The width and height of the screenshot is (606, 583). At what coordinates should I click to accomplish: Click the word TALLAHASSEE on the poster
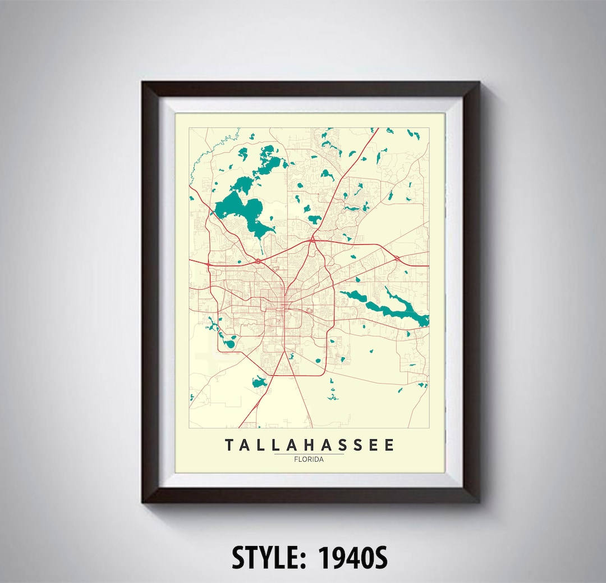[x=310, y=445]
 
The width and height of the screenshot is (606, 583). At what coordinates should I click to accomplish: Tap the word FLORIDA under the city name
[x=309, y=459]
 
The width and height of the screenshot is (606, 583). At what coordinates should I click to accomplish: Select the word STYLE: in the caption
[x=270, y=558]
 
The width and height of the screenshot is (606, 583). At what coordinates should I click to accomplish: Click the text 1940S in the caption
[x=353, y=558]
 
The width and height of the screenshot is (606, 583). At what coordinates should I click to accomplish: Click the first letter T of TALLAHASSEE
[x=229, y=445]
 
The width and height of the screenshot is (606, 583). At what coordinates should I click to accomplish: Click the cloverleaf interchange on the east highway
[x=397, y=258]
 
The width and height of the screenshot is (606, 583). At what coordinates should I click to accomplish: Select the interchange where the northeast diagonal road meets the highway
[x=312, y=240]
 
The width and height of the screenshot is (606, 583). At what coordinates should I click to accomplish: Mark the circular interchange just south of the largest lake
[x=258, y=261]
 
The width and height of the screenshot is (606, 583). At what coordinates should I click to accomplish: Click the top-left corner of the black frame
[x=144, y=83]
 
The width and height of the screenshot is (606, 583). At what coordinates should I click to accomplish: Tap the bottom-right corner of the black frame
[x=478, y=501]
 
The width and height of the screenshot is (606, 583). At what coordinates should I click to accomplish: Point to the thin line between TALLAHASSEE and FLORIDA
[x=309, y=454]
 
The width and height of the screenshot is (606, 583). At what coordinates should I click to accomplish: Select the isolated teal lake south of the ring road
[x=259, y=383]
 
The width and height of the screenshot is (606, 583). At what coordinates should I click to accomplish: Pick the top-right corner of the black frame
[x=478, y=83]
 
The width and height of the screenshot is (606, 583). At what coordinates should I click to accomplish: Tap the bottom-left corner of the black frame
[x=144, y=501]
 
